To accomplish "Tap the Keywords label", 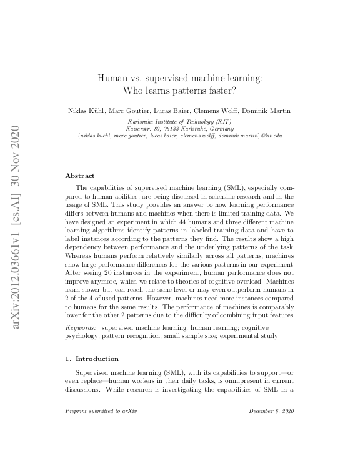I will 81,327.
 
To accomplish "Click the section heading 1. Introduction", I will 92,359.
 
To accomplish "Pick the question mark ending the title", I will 234,91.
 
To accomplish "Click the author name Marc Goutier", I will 126,111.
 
